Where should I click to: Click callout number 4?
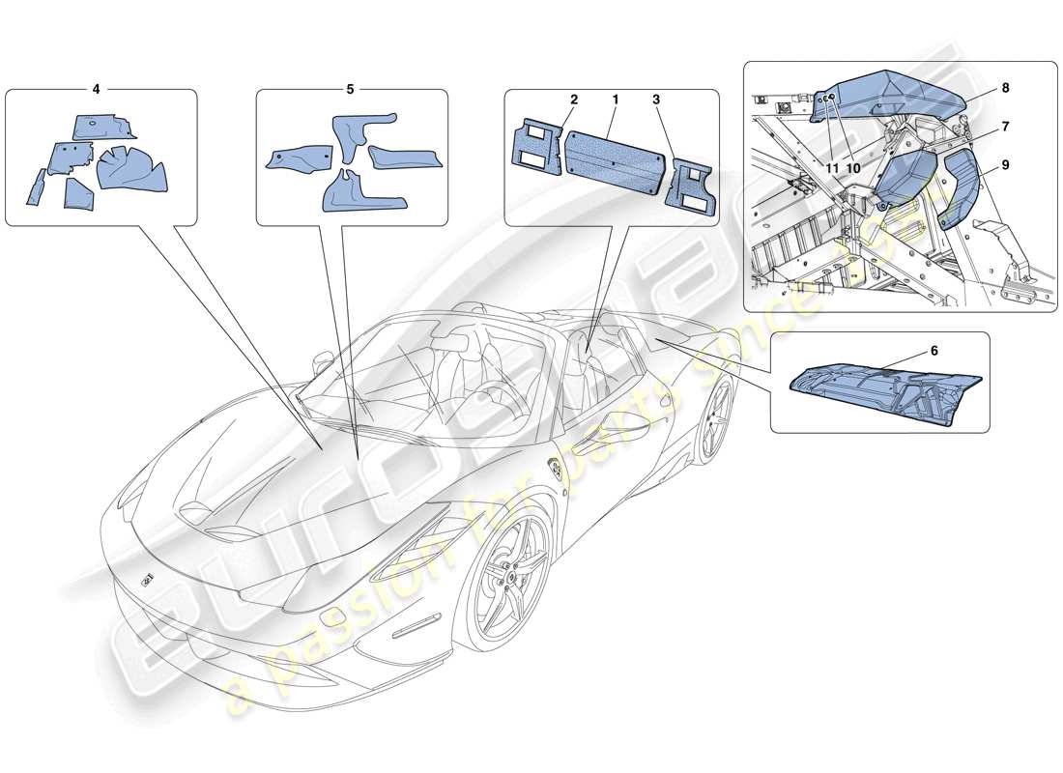tap(96, 88)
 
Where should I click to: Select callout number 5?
tap(350, 88)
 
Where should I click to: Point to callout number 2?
tap(574, 100)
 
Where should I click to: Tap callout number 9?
tap(1005, 165)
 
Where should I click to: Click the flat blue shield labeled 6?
tap(884, 390)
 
